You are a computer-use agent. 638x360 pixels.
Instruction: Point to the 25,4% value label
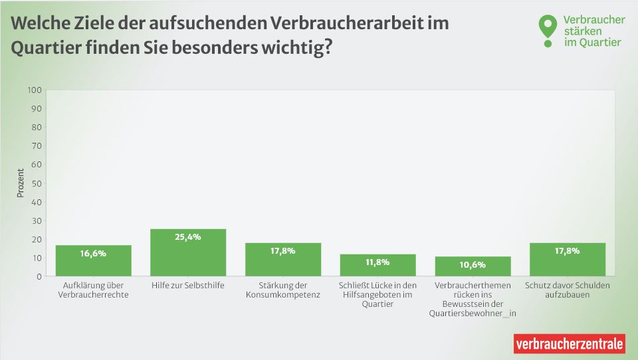point(188,236)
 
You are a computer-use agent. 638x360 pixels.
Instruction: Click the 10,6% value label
point(473,264)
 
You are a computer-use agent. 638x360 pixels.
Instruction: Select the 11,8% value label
point(377,262)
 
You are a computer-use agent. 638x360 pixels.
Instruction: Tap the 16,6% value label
point(93,253)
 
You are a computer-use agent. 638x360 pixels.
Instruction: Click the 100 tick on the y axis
point(35,90)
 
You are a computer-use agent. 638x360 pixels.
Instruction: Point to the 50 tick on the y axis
point(37,183)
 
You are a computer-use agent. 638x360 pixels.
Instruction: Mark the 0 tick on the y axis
point(39,276)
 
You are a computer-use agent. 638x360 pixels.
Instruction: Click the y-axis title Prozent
point(20,183)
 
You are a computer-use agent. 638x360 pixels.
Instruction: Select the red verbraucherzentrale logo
point(570,343)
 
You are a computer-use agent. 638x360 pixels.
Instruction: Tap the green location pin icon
point(547,29)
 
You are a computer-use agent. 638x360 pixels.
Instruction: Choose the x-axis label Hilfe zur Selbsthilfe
point(188,285)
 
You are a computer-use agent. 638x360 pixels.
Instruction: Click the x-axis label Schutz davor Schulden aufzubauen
point(567,290)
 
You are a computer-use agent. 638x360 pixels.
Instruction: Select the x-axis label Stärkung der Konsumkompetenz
point(283,290)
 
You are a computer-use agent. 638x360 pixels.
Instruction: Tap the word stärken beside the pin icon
point(582,31)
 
